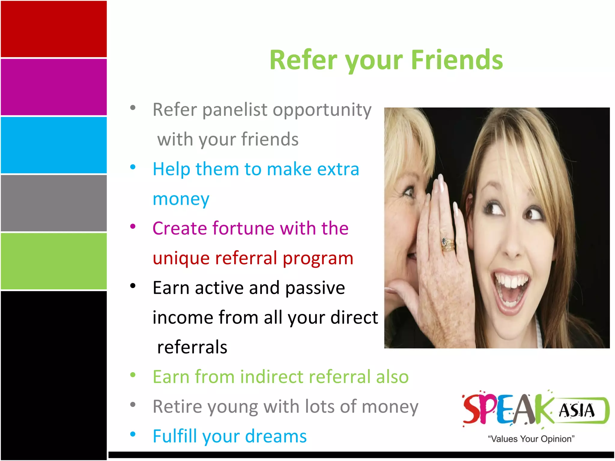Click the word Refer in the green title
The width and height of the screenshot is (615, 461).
[303, 60]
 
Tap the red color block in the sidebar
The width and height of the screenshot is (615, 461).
[53, 29]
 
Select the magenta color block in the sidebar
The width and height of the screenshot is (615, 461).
[53, 87]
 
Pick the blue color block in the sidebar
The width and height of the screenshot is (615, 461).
[53, 145]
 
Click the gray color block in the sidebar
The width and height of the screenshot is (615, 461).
[53, 203]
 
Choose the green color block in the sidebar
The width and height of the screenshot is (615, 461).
[53, 261]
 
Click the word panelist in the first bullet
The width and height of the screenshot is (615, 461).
[234, 110]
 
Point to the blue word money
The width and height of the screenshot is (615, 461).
[181, 199]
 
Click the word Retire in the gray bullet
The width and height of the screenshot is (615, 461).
[177, 407]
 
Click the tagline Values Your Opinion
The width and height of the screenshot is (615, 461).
[531, 439]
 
